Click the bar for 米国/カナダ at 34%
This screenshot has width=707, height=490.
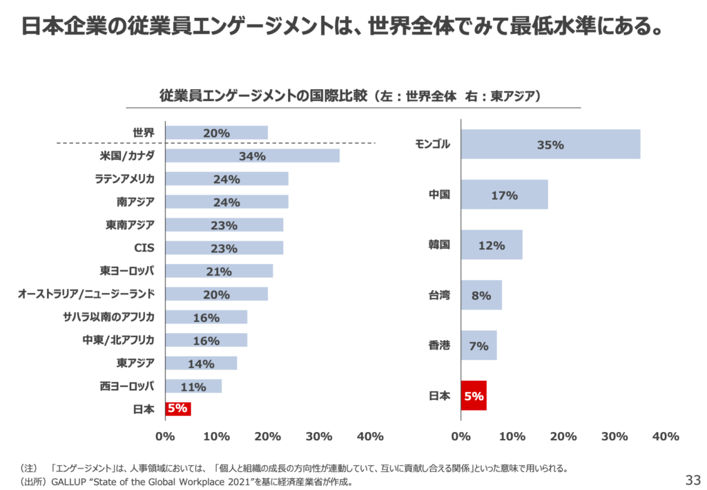pos(252,156)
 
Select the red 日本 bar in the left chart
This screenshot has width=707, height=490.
pos(177,408)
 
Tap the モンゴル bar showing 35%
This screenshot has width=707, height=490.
pos(550,144)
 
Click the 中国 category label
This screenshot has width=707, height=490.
pos(439,195)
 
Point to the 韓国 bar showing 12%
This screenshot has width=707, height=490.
pos(491,245)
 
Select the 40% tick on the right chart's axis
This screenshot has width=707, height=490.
pos(666,436)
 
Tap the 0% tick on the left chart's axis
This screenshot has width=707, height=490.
pos(165,436)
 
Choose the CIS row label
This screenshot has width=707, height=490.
pos(144,247)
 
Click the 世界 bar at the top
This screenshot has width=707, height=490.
pos(216,133)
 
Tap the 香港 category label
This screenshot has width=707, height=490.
pos(439,345)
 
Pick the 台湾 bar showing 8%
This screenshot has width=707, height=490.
pos(481,295)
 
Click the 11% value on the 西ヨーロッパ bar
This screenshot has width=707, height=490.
pos(193,387)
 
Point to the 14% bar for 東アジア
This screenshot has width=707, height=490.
pos(201,364)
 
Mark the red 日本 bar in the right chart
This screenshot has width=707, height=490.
pos(474,396)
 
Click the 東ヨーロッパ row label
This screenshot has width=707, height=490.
pos(127,270)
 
